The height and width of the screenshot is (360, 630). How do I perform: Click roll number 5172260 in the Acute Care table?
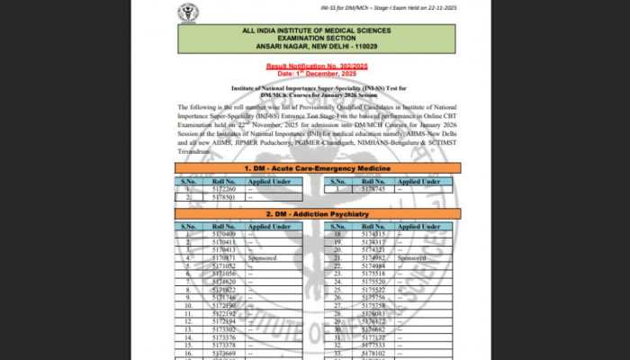click(223, 189)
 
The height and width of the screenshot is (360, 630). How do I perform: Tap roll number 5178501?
click(223, 196)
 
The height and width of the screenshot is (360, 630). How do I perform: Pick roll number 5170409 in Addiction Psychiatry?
click(223, 234)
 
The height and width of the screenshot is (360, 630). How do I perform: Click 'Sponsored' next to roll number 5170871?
click(262, 257)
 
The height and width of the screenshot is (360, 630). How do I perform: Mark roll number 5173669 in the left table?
click(223, 353)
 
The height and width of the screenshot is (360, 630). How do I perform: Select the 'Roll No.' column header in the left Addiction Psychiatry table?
click(223, 226)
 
